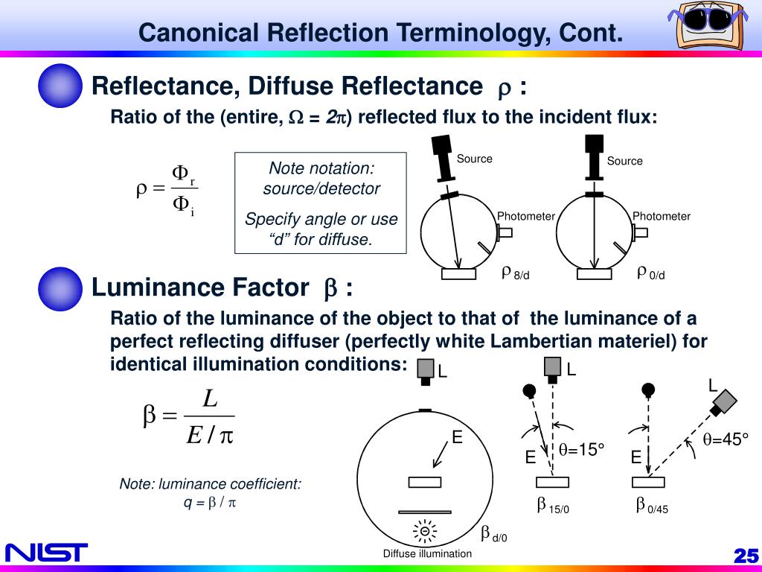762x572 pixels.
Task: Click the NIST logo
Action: click(46, 553)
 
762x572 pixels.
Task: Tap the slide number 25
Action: click(745, 556)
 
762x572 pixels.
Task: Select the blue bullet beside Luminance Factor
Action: click(59, 289)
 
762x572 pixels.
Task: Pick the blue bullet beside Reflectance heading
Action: click(59, 86)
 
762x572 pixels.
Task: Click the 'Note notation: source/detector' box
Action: click(321, 203)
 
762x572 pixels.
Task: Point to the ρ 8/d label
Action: click(516, 273)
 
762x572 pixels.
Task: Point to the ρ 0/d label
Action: click(651, 273)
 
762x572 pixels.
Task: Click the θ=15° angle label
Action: click(581, 449)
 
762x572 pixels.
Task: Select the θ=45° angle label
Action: click(726, 439)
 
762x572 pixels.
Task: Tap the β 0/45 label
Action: click(652, 506)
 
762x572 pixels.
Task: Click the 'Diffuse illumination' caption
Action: click(427, 553)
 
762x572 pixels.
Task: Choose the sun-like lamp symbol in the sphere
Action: click(425, 531)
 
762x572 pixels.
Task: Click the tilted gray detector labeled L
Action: click(723, 402)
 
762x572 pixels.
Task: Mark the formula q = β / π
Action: click(210, 503)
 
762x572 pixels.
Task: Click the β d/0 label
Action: click(493, 535)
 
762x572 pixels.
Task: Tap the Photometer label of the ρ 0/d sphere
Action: click(662, 217)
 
